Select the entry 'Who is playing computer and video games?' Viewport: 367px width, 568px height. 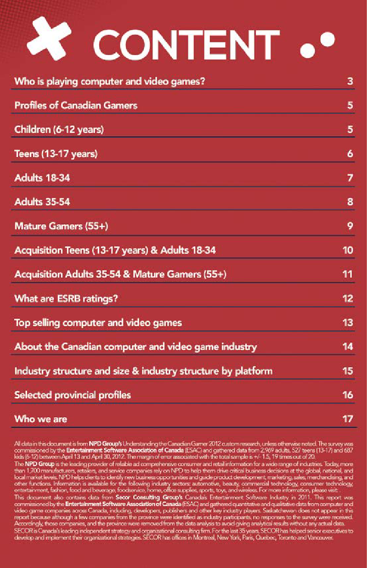pyautogui.click(x=109, y=82)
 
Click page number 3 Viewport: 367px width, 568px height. pyautogui.click(x=350, y=82)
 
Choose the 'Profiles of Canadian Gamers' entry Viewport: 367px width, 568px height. pyautogui.click(x=76, y=106)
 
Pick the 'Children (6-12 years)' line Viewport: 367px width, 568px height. pyautogui.click(x=59, y=130)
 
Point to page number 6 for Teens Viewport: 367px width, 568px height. pyautogui.click(x=350, y=154)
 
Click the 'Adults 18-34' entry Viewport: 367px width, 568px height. pyautogui.click(x=42, y=178)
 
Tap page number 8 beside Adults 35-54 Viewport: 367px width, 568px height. pyautogui.click(x=350, y=202)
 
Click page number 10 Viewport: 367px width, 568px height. pyautogui.click(x=348, y=250)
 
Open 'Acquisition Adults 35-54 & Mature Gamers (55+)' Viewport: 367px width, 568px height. pyautogui.click(x=121, y=274)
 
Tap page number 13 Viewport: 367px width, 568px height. pyautogui.click(x=348, y=323)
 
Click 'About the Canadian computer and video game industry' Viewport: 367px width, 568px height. pyautogui.click(x=135, y=346)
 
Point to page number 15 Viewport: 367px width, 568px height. pyautogui.click(x=348, y=371)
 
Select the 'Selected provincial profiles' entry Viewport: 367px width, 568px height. pyautogui.click(x=72, y=395)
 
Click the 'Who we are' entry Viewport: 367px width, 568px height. pyautogui.click(x=41, y=419)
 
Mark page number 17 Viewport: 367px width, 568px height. pyautogui.click(x=348, y=419)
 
